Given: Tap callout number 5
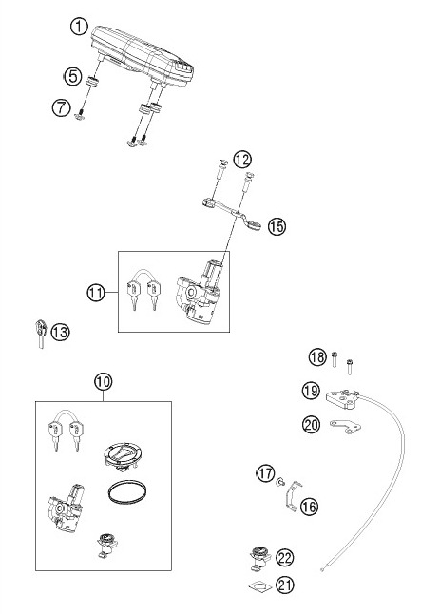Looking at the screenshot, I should click(71, 75).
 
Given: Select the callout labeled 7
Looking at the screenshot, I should click(61, 107).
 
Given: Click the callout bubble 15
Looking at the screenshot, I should click(277, 226).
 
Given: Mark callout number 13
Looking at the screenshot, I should click(60, 332).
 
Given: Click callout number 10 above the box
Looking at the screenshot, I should click(103, 382).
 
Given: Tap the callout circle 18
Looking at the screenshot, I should click(317, 357).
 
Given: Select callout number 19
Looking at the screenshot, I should click(312, 391).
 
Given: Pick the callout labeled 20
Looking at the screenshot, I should click(312, 425).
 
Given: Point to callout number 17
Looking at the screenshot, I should click(265, 472).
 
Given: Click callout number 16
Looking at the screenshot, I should click(310, 507).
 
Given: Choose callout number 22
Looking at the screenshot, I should click(285, 557).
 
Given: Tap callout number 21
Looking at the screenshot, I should click(285, 585).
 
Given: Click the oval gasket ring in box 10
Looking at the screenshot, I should click(124, 491).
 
